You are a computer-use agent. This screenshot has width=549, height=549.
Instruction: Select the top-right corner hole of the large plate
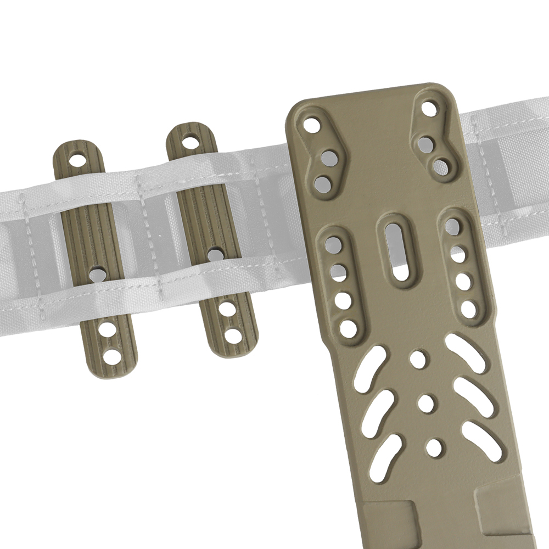coord(430,108)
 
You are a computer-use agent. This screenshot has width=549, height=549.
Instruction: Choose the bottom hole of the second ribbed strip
coord(233,333)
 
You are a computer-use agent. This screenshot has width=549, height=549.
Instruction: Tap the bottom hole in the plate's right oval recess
coord(468,307)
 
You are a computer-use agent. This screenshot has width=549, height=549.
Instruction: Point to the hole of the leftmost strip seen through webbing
coord(98,272)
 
